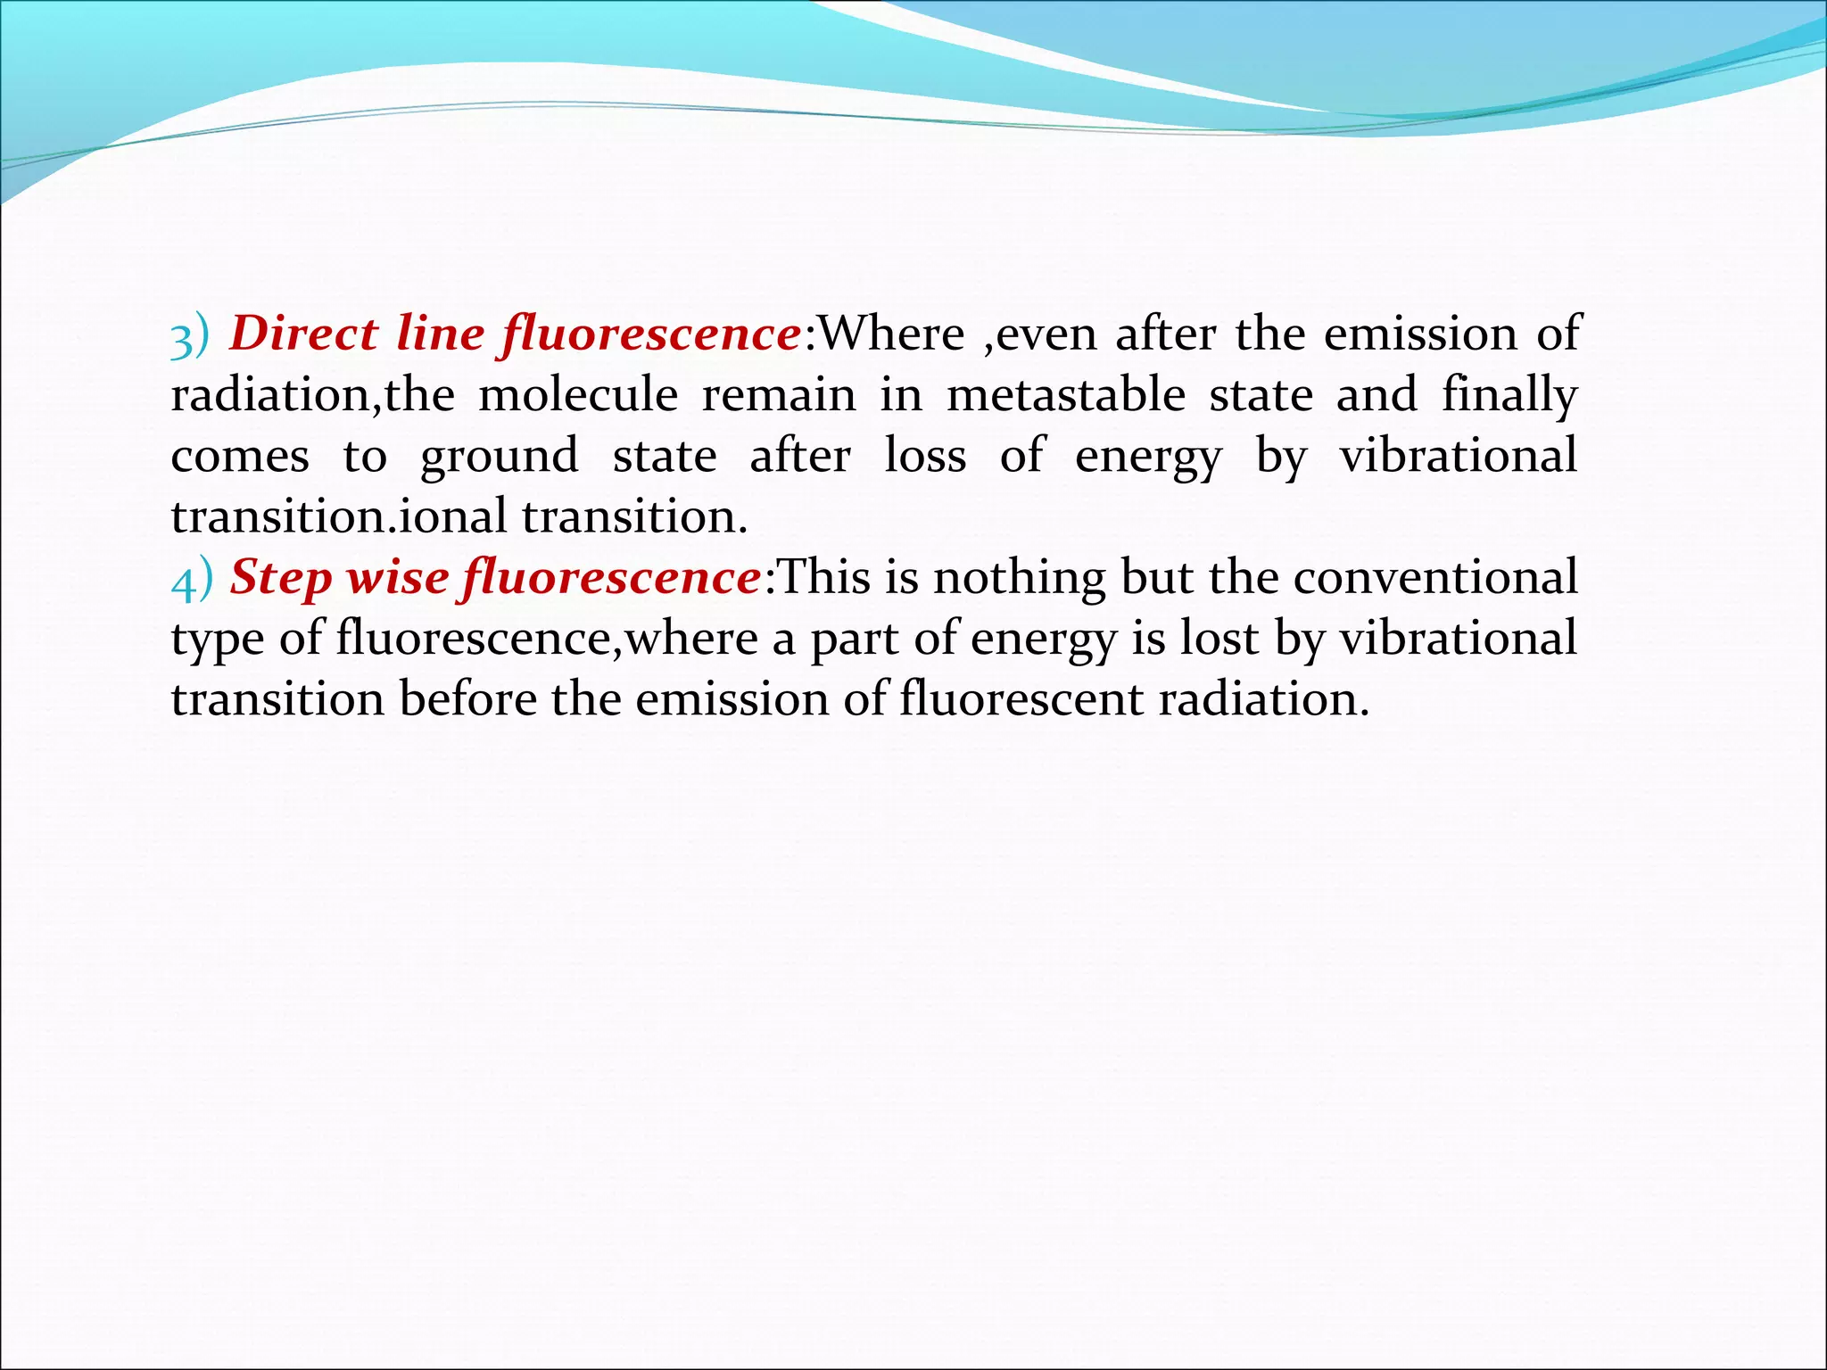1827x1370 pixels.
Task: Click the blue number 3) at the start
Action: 190,336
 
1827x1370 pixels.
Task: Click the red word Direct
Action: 303,334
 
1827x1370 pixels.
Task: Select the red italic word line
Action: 440,334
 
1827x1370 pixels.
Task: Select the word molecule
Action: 578,395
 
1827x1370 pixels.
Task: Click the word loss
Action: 925,456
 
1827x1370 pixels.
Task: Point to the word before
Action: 467,699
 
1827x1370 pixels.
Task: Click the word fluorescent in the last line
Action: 1021,699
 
